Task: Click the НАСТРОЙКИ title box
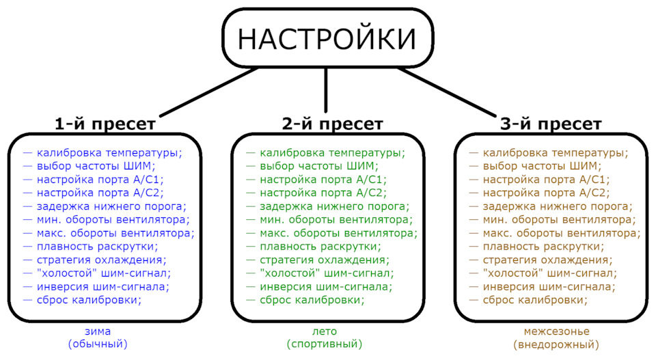coord(327,39)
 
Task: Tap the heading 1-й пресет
coord(105,124)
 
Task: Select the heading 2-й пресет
coord(332,124)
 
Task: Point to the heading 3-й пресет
coord(551,124)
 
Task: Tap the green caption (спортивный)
coord(324,344)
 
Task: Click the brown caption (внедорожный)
coord(551,344)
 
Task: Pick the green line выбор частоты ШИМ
coord(318,166)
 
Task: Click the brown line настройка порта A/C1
coord(545,179)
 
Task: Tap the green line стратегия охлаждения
coord(324,260)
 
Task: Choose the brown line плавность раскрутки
coord(543,246)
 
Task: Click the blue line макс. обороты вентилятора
coord(115,232)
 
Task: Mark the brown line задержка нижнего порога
coord(557,206)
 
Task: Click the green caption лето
coord(324,331)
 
